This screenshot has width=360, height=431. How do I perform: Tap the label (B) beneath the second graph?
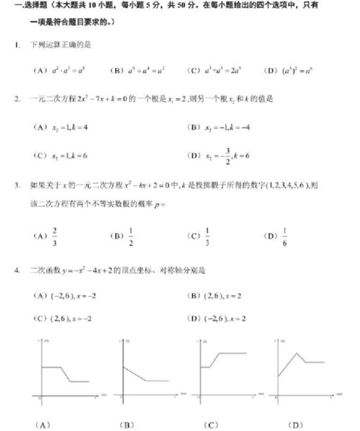tap(127, 423)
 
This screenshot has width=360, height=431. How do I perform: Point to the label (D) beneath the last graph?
tap(294, 423)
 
